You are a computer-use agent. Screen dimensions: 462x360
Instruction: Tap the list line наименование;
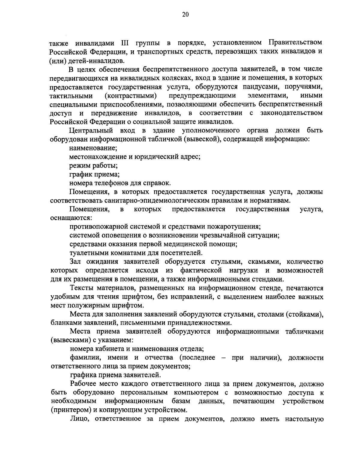coord(93,148)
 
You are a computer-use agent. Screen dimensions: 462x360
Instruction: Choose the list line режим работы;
coord(93,165)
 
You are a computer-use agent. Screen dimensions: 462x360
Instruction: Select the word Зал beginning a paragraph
coord(75,262)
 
